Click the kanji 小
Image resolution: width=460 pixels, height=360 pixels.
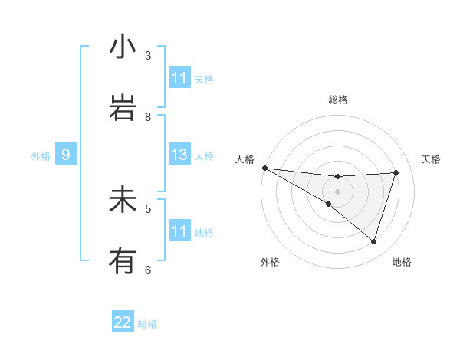click(123, 47)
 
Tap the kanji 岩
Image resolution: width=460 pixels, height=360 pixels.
click(123, 108)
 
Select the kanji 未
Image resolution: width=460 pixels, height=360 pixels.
click(123, 200)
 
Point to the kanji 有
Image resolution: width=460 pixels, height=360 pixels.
click(123, 261)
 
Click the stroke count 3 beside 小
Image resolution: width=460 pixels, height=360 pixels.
click(148, 56)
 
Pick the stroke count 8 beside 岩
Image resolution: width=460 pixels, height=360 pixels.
click(148, 117)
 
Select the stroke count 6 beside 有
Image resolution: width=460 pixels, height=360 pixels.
click(148, 270)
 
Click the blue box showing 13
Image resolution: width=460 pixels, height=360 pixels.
click(179, 155)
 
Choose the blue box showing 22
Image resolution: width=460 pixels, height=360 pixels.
click(123, 323)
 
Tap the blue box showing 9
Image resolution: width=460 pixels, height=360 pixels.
click(66, 155)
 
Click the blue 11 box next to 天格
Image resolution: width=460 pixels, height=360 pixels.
click(179, 78)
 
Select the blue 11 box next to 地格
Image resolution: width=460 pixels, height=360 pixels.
click(179, 231)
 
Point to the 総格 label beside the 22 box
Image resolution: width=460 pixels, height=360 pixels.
click(147, 324)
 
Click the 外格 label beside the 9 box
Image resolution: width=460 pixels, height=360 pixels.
click(41, 156)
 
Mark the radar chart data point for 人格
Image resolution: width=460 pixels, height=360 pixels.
click(264, 168)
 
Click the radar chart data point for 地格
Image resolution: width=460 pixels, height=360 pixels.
click(373, 241)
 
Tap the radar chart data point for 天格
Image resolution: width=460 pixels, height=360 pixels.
click(396, 172)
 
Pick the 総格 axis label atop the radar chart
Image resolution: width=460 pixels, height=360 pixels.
click(338, 100)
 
